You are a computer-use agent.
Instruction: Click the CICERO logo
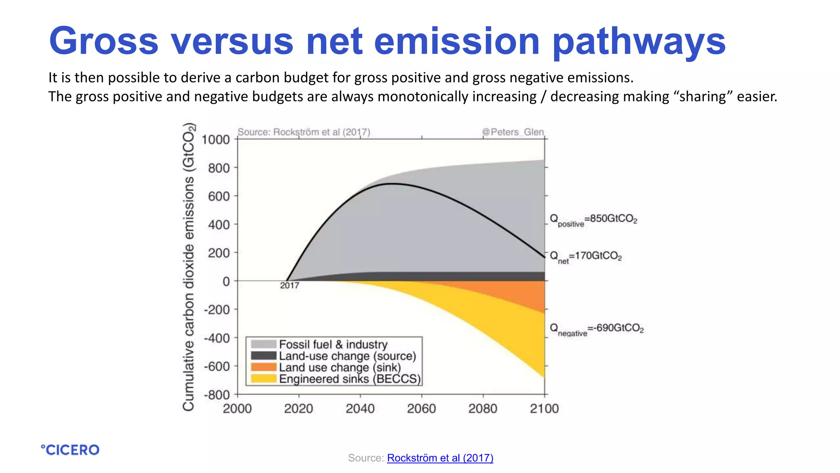pos(70,450)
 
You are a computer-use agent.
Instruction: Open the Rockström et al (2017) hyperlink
pos(440,458)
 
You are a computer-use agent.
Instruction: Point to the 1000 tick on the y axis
pos(216,140)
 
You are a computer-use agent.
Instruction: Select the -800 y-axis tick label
pos(217,395)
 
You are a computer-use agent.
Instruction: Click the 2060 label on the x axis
pos(421,409)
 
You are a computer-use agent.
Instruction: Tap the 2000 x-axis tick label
pos(237,409)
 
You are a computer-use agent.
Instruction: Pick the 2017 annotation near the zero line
pos(290,285)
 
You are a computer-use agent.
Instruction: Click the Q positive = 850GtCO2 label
pos(593,220)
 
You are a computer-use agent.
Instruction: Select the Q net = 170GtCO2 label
pos(585,257)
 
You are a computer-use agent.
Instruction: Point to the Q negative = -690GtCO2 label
pos(596,329)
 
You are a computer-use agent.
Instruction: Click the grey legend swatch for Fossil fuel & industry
pos(263,344)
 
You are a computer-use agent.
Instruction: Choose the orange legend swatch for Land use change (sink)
pos(263,367)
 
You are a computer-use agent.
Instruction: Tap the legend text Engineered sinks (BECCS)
pos(349,379)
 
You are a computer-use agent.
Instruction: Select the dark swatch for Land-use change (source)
pos(263,356)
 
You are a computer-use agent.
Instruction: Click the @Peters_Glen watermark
pos(513,132)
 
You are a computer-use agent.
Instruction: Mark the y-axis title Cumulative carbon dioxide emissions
pos(188,267)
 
